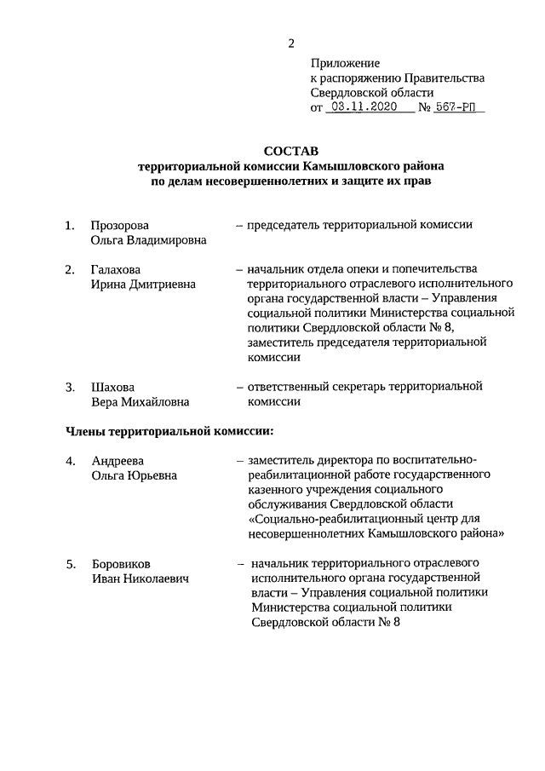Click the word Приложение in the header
(x=345, y=63)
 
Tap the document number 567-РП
(x=460, y=108)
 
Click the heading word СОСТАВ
(x=291, y=151)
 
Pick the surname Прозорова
(x=120, y=225)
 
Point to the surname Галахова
(x=116, y=270)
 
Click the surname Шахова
(x=112, y=386)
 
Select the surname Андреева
(x=118, y=461)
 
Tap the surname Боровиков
(x=123, y=563)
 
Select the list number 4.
(x=71, y=461)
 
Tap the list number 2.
(x=71, y=270)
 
